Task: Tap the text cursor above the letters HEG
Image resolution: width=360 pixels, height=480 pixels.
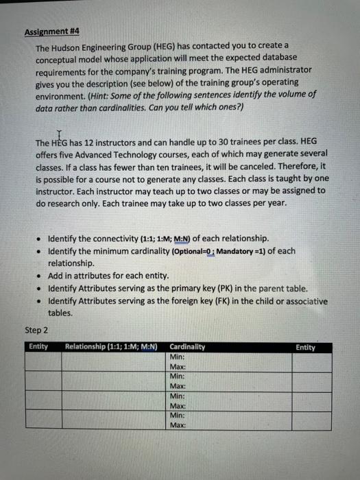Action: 59,134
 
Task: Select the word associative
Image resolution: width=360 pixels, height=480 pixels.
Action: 300,301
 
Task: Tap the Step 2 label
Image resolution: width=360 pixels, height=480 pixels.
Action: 36,330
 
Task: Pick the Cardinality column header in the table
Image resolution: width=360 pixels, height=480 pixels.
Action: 187,347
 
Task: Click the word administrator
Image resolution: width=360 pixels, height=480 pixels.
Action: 282,69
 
